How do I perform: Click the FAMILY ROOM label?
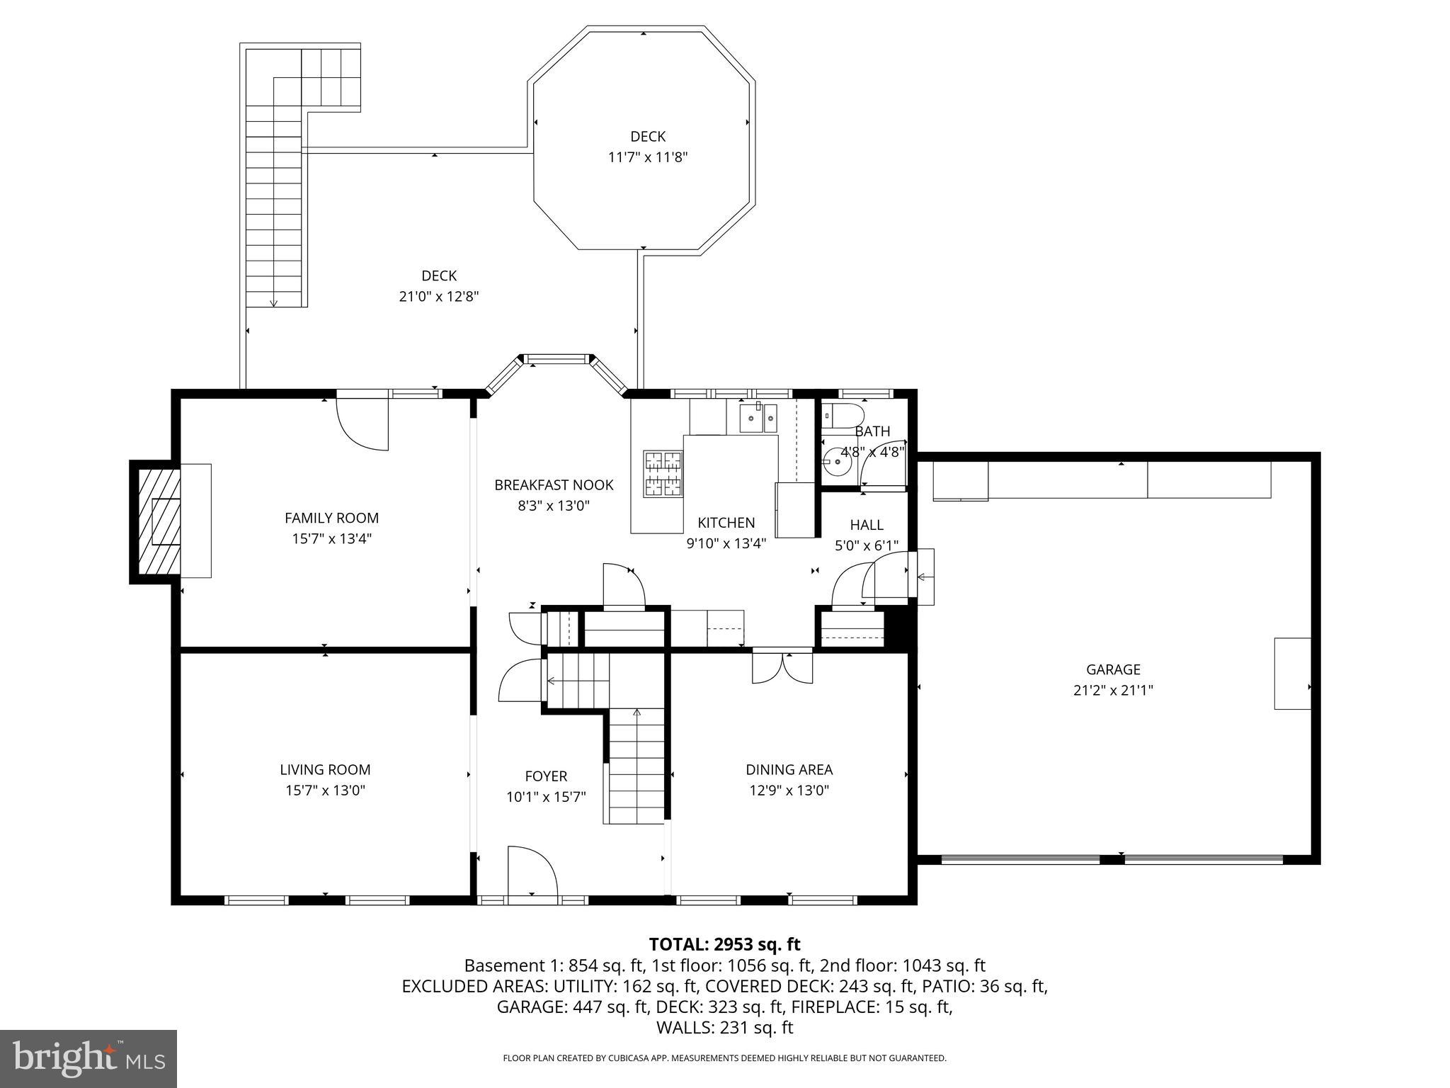pos(331,518)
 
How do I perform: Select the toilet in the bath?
pos(844,416)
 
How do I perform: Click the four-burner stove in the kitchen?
pos(663,472)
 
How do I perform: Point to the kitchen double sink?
pos(758,418)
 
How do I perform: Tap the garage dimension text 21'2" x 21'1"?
pos(1113,690)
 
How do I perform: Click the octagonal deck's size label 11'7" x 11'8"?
pos(648,157)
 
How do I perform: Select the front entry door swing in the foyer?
pos(532,872)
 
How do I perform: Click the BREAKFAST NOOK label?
pos(554,485)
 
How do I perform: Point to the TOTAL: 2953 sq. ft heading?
pos(724,944)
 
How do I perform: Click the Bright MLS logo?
pos(89,1059)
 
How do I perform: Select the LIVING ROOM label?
pos(325,769)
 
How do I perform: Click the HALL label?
pos(867,525)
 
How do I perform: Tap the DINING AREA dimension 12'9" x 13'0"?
pos(789,790)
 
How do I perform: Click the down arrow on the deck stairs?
pos(273,301)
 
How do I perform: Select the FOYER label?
pos(546,776)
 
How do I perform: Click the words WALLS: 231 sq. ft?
pos(724,1028)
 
